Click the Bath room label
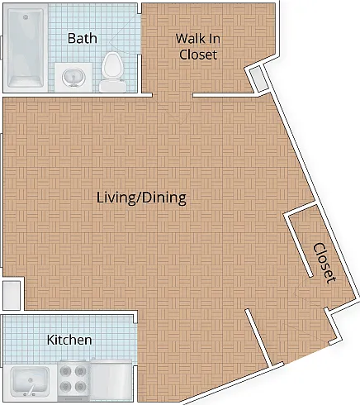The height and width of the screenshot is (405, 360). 83,38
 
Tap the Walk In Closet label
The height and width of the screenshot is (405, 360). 198,46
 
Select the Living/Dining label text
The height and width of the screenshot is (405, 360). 141,198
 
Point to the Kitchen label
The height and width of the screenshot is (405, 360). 69,340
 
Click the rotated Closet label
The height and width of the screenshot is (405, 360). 324,263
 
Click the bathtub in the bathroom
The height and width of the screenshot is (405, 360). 26,48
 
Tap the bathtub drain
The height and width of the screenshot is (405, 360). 26,17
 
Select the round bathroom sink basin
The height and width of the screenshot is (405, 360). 73,77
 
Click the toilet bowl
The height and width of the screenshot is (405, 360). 111,65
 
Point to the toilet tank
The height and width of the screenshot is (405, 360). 112,85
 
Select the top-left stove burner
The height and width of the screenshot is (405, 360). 66,371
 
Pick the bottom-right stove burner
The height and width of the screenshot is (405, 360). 81,385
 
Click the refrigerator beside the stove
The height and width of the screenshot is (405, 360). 111,379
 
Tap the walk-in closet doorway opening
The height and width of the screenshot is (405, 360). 173,95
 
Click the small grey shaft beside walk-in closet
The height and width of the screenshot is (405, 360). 258,79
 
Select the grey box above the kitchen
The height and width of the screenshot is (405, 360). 12,295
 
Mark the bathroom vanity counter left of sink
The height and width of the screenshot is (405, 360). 59,77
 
